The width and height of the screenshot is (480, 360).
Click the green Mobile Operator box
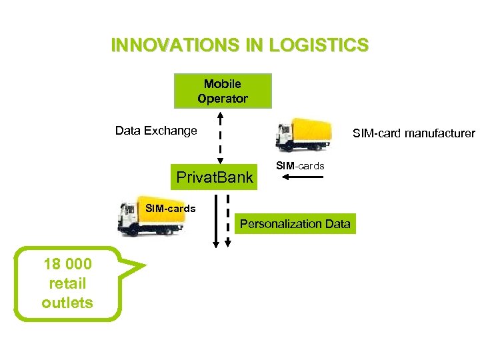[223, 91]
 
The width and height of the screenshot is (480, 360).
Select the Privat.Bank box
[214, 177]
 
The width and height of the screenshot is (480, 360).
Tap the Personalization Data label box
[295, 224]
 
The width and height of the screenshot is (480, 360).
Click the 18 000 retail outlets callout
[67, 284]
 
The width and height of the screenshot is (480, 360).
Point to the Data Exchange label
[156, 131]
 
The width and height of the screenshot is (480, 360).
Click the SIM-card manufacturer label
[413, 133]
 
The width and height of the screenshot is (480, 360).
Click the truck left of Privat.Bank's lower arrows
[150, 217]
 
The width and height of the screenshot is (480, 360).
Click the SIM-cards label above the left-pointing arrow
[300, 165]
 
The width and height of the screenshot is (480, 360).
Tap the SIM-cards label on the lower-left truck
[170, 209]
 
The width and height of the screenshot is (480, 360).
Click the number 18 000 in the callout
[67, 264]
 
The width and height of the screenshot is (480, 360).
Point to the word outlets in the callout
[67, 303]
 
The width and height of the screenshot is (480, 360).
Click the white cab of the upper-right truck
[285, 137]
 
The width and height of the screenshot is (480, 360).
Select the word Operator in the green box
[223, 99]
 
